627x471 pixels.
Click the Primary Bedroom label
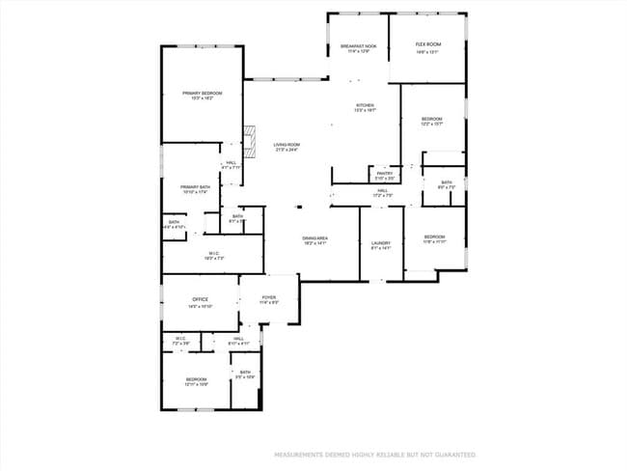coord(202,94)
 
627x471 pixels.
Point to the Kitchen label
coord(365,106)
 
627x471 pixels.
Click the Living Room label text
coord(286,145)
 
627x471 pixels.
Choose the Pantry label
coord(384,174)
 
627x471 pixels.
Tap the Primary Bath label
coord(195,188)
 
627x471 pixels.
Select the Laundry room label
coord(381,244)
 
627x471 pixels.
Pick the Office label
coord(200,301)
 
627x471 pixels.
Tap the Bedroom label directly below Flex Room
coord(431,120)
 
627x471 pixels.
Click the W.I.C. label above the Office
coord(214,256)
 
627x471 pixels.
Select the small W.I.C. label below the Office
coord(180,339)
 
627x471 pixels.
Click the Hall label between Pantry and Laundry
coord(383,192)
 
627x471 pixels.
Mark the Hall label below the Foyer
coord(238,340)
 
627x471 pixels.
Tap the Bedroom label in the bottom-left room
coord(196,380)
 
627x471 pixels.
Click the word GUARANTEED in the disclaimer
coord(452,454)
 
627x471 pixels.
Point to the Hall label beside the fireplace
coord(232,165)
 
